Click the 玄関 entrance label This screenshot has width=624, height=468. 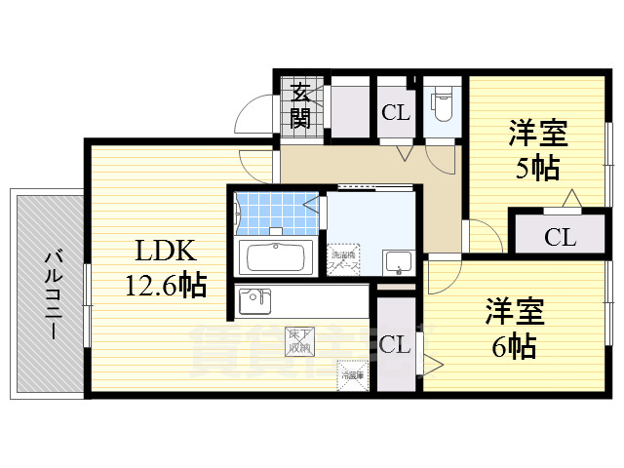pyautogui.click(x=300, y=106)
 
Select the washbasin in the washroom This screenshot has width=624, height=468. pyautogui.click(x=398, y=261)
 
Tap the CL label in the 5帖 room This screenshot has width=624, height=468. pyautogui.click(x=560, y=236)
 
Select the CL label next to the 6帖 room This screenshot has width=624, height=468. pyautogui.click(x=394, y=343)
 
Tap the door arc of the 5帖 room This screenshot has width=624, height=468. pyautogui.click(x=480, y=235)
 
